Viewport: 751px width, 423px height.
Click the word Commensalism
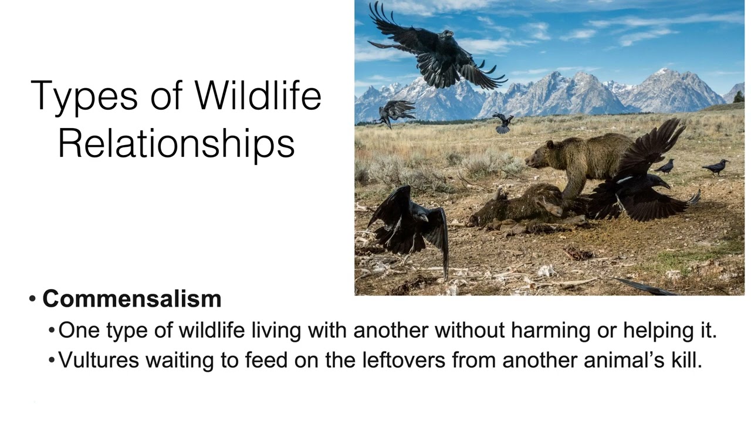click(131, 299)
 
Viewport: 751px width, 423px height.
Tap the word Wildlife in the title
click(258, 95)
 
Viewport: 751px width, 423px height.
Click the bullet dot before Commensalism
click(33, 300)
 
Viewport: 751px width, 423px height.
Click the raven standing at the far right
click(716, 167)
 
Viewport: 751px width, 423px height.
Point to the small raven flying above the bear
click(503, 122)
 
